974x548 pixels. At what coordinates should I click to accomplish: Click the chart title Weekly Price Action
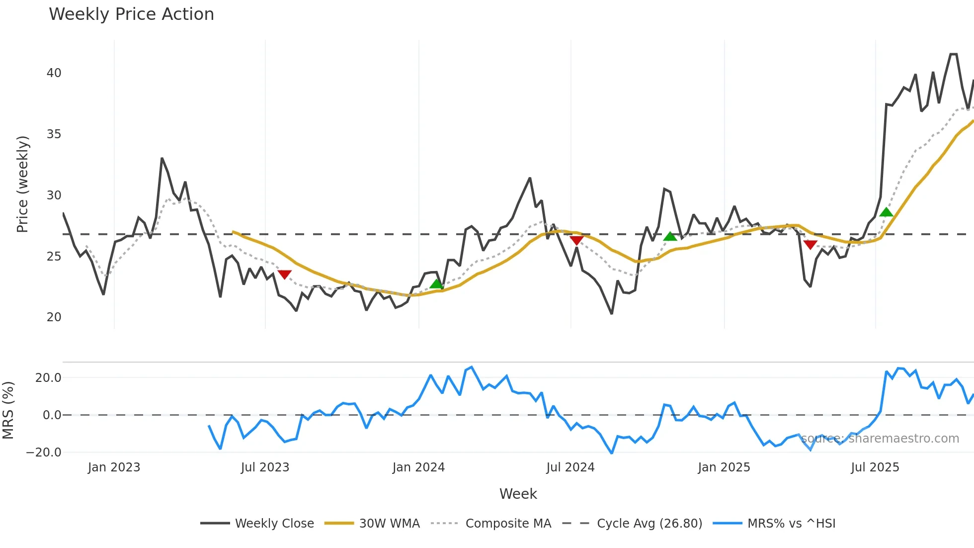click(x=131, y=14)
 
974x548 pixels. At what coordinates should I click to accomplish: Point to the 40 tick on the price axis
click(x=54, y=73)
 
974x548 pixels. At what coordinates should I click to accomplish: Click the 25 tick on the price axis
click(x=54, y=257)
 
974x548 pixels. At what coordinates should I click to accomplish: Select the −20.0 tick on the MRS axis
click(x=44, y=453)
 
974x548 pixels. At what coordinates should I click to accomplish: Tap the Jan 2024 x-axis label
click(x=418, y=467)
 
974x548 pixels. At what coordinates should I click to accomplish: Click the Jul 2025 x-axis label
click(x=875, y=467)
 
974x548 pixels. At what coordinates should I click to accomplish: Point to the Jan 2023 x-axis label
click(x=114, y=467)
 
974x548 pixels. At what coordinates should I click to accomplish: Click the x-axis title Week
click(x=518, y=494)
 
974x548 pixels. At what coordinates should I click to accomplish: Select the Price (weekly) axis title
click(x=22, y=184)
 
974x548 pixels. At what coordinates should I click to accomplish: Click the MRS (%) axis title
click(x=8, y=410)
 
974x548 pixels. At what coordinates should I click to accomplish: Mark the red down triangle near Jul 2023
click(x=284, y=274)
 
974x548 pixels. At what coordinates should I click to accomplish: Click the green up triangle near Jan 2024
click(x=436, y=284)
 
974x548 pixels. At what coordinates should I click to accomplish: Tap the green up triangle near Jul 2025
click(x=886, y=212)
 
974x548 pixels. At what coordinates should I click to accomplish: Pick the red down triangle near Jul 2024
click(x=576, y=241)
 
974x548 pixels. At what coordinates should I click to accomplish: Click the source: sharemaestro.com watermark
click(x=880, y=439)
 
